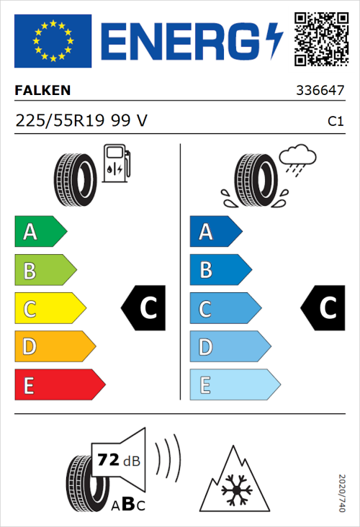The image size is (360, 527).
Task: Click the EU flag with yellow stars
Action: tap(53, 41)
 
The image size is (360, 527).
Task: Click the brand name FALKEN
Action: tap(42, 91)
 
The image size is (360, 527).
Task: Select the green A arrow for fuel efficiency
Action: tap(40, 232)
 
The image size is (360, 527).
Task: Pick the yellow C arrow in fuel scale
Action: tap(49, 309)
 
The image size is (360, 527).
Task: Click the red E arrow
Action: tap(59, 385)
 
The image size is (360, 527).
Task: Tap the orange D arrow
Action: tap(54, 347)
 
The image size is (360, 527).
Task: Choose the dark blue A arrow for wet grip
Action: tap(215, 232)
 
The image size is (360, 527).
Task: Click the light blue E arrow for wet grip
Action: tap(234, 385)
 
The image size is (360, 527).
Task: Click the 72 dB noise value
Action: tap(118, 458)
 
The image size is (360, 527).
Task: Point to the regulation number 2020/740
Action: tap(343, 492)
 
